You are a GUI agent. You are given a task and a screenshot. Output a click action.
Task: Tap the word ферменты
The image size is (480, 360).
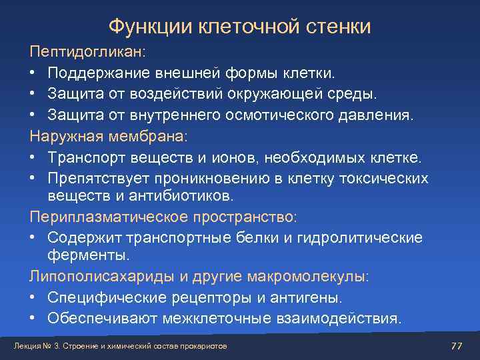[89, 255]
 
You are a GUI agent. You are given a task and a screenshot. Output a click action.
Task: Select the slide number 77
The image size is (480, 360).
[457, 345]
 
